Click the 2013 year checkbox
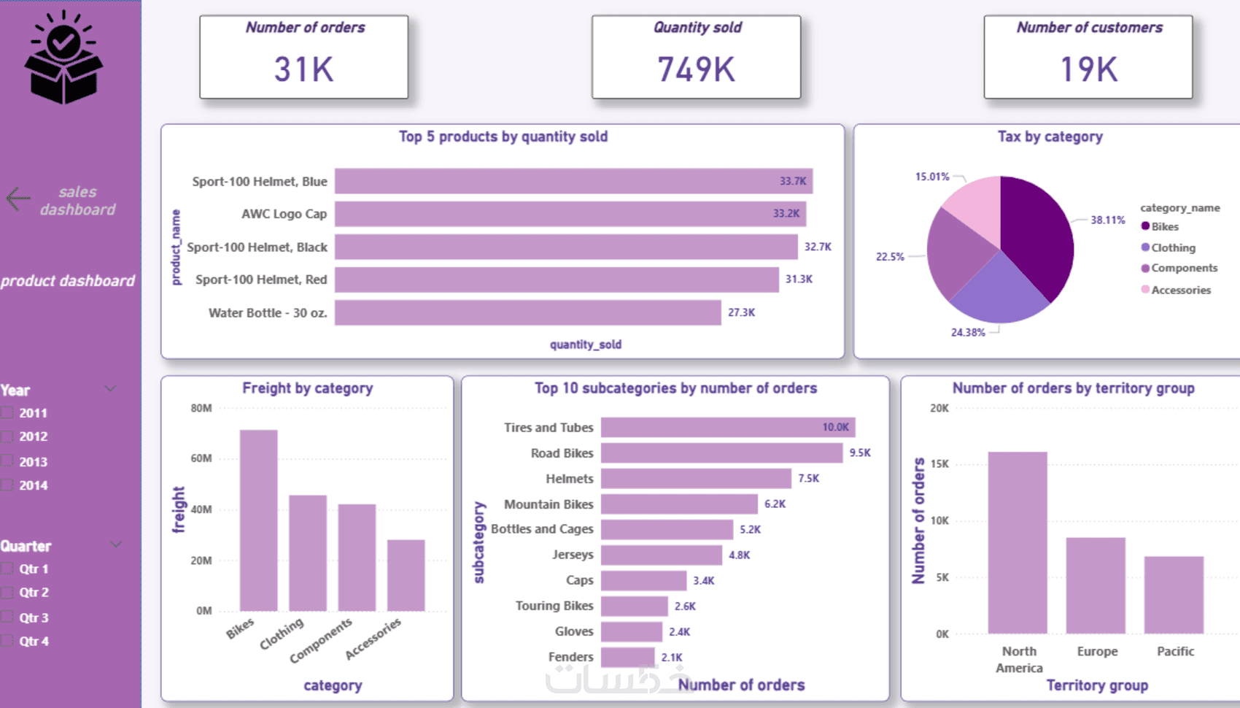7,461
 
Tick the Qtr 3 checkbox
7,617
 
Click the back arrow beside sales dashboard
18,199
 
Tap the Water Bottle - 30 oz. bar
527,312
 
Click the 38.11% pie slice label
1107,220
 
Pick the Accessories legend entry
1180,290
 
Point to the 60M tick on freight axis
201,458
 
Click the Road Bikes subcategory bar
721,453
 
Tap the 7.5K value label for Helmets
808,478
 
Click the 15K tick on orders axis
939,464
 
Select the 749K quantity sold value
696,69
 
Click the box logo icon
63,58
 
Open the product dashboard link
68,281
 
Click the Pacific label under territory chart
1175,651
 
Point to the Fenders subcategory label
570,657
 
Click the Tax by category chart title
1050,136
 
